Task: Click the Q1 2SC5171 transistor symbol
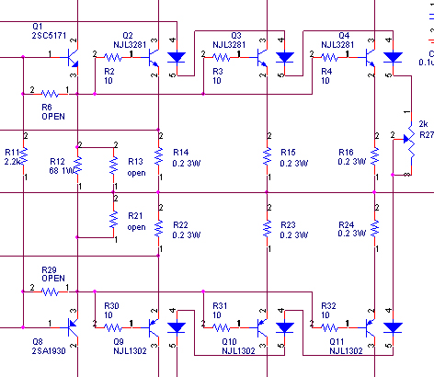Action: point(73,57)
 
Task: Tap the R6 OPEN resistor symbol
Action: point(48,93)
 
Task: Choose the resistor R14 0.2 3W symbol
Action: point(159,157)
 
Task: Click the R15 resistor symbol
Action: point(267,157)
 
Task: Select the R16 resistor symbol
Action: point(374,157)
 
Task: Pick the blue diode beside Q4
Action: point(393,57)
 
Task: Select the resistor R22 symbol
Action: point(159,226)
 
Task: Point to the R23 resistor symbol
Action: point(267,226)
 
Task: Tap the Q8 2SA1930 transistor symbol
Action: point(73,325)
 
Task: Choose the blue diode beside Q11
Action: point(393,326)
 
